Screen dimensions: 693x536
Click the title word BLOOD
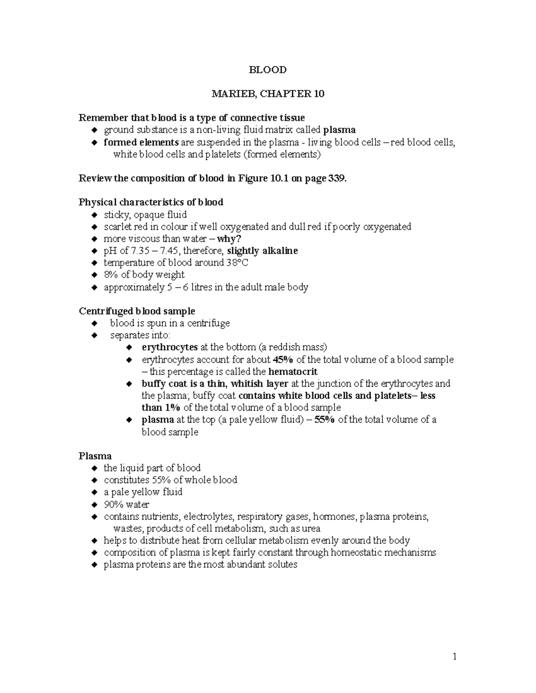point(268,70)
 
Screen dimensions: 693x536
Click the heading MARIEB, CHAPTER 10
point(268,94)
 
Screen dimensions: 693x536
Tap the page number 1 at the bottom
point(455,656)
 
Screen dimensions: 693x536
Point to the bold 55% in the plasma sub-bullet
point(325,419)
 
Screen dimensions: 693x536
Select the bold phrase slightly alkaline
point(263,251)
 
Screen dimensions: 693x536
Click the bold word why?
point(229,239)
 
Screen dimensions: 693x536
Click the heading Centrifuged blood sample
point(137,311)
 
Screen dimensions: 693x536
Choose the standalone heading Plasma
point(95,456)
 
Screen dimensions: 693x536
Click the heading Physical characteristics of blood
point(151,202)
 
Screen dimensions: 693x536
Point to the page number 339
point(337,178)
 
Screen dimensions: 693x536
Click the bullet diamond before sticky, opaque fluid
point(94,215)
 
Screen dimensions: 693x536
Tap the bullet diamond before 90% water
point(94,505)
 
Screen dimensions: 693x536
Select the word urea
point(311,529)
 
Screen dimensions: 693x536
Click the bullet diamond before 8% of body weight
point(94,275)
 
